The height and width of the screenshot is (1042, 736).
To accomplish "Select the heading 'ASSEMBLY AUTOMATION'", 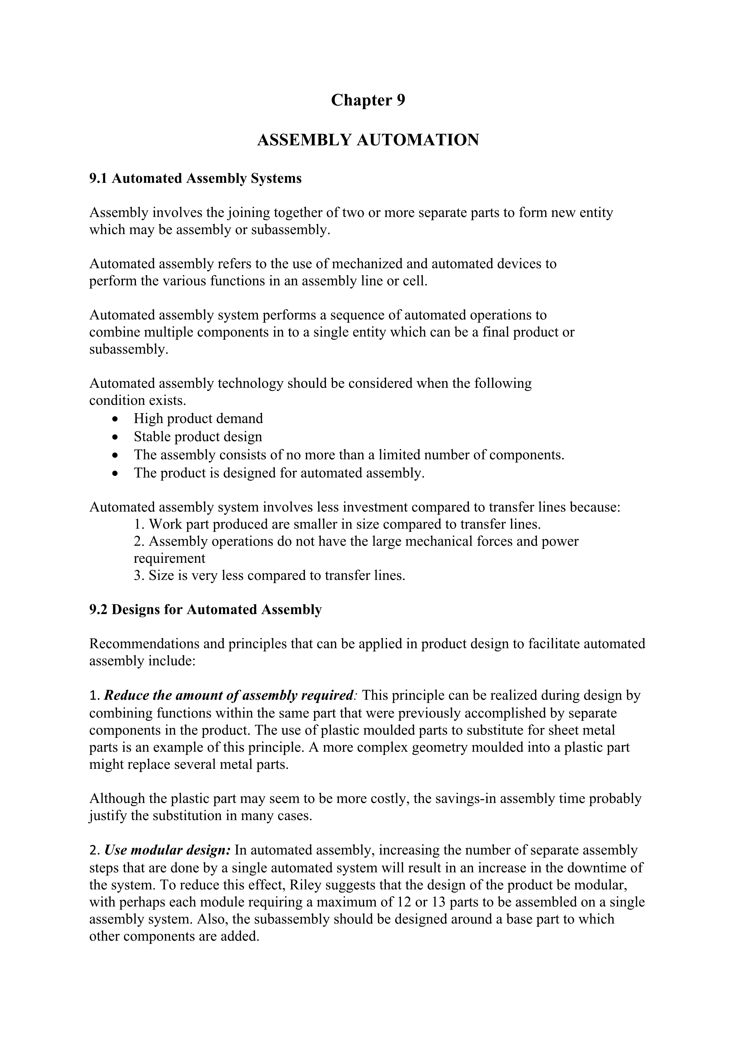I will point(368,140).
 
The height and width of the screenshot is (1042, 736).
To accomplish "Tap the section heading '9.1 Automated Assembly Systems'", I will point(195,178).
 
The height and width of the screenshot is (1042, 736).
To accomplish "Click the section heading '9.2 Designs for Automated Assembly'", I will point(205,610).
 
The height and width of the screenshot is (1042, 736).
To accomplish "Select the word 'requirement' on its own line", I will point(169,558).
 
